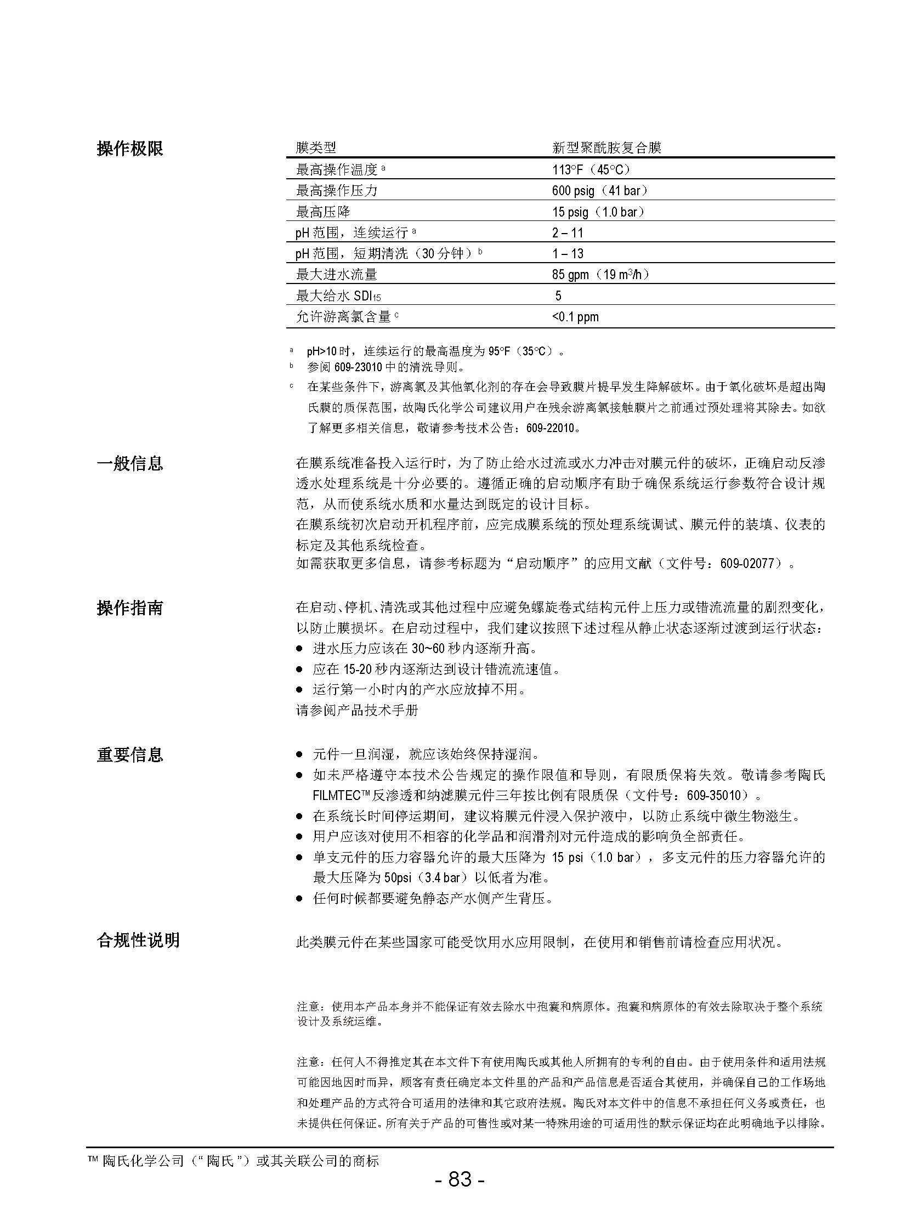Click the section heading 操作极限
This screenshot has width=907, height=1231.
click(x=130, y=148)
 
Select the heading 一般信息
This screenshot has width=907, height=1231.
click(x=130, y=463)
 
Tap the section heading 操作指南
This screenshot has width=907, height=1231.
click(x=130, y=608)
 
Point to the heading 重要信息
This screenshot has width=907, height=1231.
click(x=130, y=755)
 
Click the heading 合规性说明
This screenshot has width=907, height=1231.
click(x=138, y=940)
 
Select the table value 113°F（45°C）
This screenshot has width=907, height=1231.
click(x=591, y=169)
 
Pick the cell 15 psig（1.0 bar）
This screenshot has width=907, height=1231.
click(x=598, y=212)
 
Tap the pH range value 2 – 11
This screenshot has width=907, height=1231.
click(x=568, y=233)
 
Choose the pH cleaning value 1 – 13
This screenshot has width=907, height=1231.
click(x=568, y=254)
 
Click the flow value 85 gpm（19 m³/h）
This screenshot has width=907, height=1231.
click(x=600, y=275)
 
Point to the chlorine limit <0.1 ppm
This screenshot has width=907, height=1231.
click(x=575, y=317)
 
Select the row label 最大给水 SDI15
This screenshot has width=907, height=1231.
click(x=338, y=296)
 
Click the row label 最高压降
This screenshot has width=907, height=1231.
click(x=323, y=212)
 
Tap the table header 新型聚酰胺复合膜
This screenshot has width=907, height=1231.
click(x=606, y=148)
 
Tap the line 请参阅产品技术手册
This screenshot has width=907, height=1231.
click(x=358, y=710)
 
